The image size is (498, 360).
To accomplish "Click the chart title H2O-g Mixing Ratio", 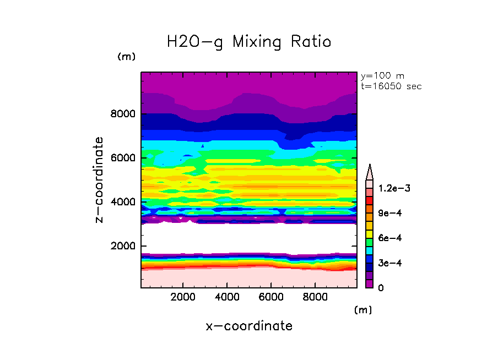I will (249, 42).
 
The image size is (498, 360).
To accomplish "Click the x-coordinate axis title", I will (249, 326).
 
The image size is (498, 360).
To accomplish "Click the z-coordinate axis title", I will (100, 179).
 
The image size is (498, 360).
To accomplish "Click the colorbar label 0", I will (381, 288).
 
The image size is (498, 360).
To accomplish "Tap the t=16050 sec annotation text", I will (391, 86).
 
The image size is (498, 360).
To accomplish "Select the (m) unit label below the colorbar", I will (363, 310).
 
